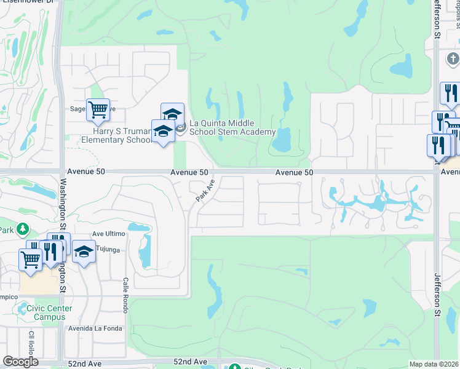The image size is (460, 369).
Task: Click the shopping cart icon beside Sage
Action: pyautogui.click(x=98, y=111)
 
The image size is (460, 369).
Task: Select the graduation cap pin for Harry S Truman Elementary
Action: pyautogui.click(x=162, y=131)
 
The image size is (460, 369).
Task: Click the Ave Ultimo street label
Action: pyautogui.click(x=108, y=234)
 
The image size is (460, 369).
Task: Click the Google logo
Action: pyautogui.click(x=21, y=362)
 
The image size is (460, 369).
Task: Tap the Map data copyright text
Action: pyautogui.click(x=434, y=364)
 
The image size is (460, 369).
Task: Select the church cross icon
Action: pyautogui.click(x=453, y=60)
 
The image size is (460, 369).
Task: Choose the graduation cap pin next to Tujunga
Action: pyautogui.click(x=84, y=252)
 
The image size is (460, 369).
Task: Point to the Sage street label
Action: pyautogui.click(x=77, y=109)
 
